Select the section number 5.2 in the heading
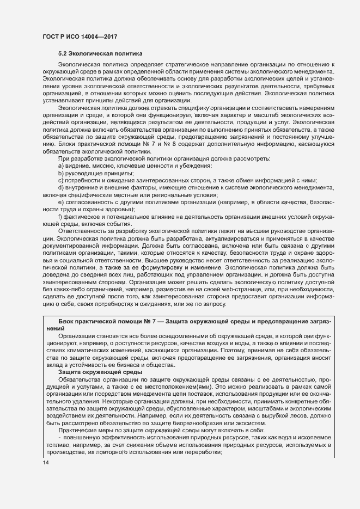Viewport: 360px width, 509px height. click(63, 54)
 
